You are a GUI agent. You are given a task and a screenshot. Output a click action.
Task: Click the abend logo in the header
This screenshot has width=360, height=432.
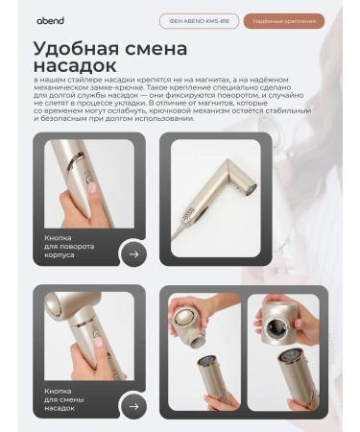point(51,20)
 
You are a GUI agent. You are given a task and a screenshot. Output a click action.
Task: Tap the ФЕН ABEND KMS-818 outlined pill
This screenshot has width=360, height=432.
point(199,20)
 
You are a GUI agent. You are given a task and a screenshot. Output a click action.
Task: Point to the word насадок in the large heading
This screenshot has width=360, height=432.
point(72,66)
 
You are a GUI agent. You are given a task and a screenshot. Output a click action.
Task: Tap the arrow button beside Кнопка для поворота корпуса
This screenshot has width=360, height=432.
point(133,254)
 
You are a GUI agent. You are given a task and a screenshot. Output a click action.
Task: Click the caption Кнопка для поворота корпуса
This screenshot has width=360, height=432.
point(67,246)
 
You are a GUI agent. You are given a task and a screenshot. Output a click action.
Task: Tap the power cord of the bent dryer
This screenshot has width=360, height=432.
point(179,230)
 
